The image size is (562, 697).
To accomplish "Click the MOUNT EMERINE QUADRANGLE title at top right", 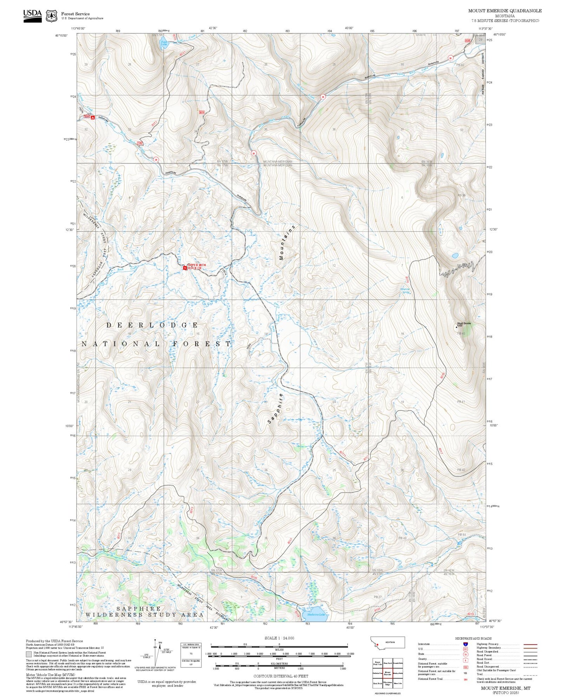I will (504, 11).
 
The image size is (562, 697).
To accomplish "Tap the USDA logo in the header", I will (32, 15).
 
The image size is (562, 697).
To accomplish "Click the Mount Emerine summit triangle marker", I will (457, 327).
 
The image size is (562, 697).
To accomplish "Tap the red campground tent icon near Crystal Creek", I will (93, 117).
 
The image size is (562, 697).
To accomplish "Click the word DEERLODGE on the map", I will (152, 325).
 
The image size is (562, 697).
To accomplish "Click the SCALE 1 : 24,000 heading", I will (279, 638).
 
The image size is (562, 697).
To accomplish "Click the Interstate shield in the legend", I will (465, 644).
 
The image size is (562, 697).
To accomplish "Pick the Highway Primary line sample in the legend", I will (530, 644).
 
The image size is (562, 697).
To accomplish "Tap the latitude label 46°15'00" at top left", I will (61, 35).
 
